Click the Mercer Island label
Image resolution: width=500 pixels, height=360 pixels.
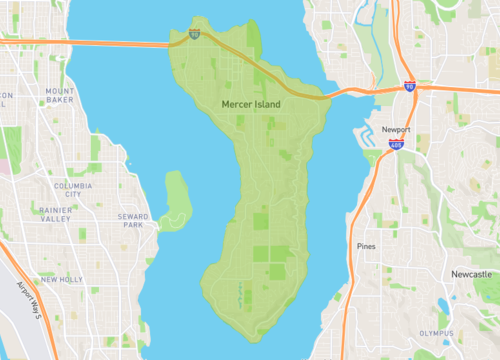251,104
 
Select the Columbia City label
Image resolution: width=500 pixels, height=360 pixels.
74,190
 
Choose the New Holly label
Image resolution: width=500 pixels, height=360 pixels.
62,279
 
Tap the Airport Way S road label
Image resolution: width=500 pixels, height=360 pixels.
30,300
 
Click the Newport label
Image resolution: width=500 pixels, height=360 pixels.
397,131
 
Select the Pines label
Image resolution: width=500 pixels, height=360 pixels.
366,245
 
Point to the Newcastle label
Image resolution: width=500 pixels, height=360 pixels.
470,273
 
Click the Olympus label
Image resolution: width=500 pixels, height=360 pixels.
437,333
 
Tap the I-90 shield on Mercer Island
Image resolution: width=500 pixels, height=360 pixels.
194,35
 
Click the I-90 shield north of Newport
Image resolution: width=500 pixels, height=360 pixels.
410,87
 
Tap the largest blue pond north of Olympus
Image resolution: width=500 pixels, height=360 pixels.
442,304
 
